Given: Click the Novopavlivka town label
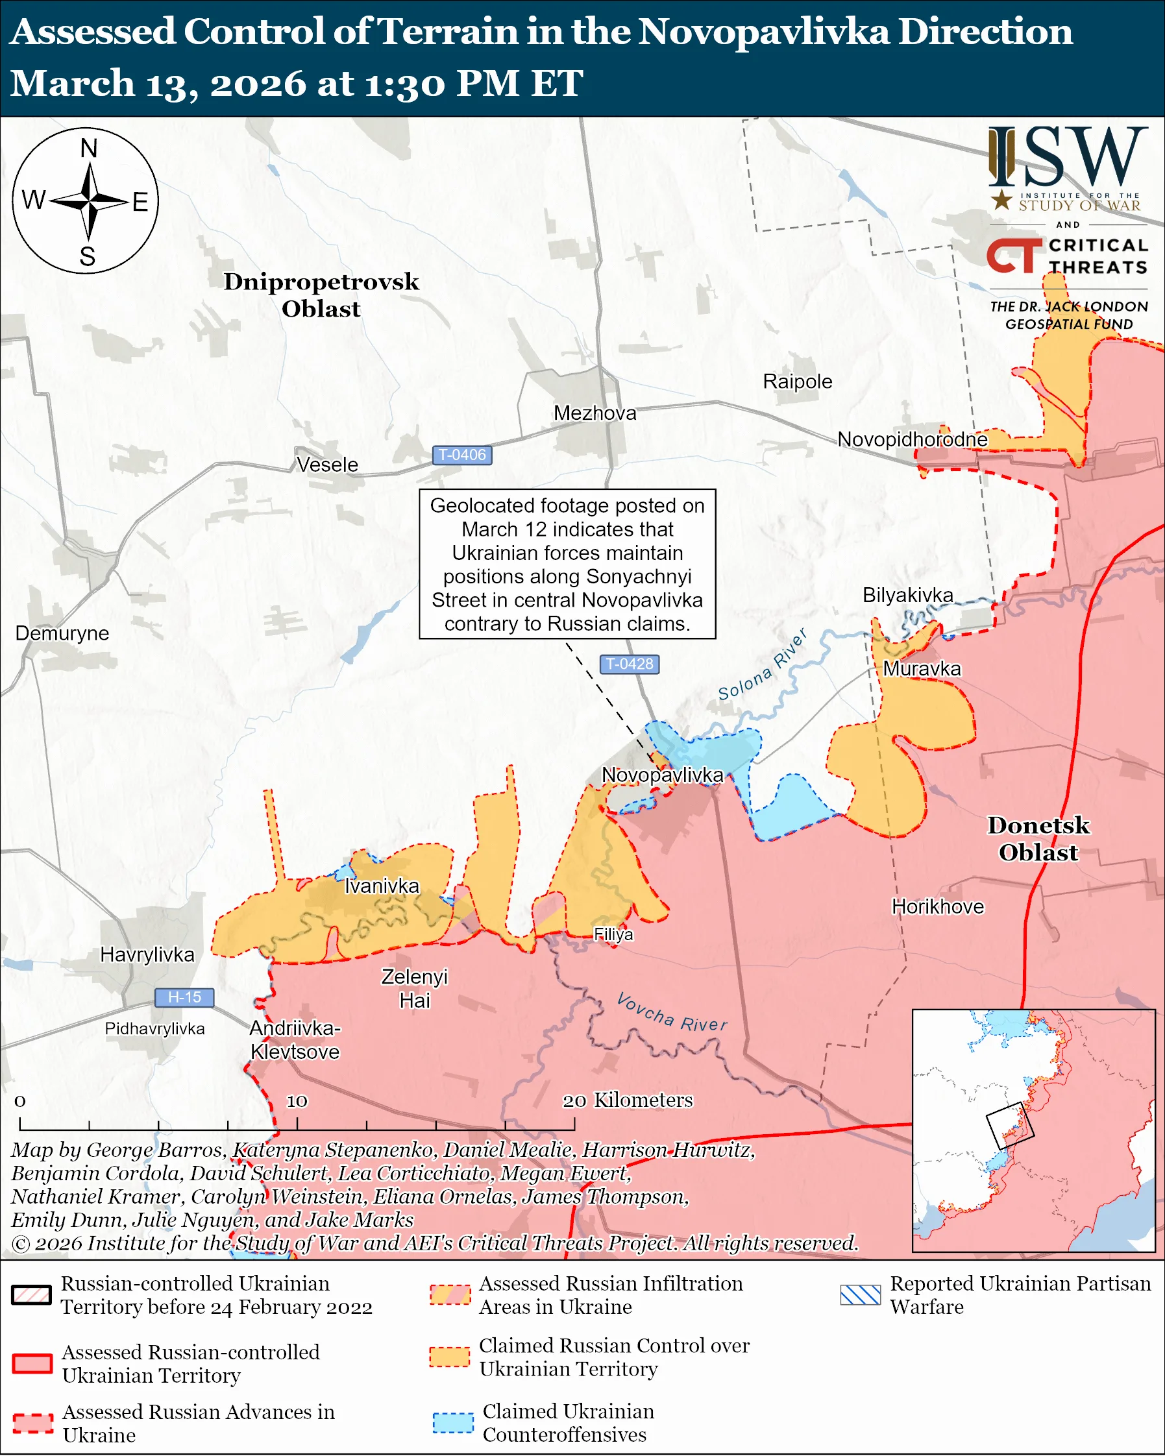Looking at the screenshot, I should [x=662, y=775].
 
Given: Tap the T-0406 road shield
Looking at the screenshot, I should [x=462, y=455].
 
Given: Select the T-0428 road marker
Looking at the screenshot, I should [x=630, y=664].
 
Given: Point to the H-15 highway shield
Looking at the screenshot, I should [x=184, y=997].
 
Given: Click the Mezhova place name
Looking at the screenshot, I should [x=595, y=413].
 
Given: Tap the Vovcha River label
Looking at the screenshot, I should [x=672, y=1013].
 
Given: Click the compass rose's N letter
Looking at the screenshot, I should [x=88, y=149].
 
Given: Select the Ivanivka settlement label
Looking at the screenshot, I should [x=382, y=886].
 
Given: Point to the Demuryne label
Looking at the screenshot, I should [x=62, y=633].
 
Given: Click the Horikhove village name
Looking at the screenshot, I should [x=937, y=906].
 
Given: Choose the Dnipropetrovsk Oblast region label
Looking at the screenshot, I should [x=321, y=295].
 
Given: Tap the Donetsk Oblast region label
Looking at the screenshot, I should [x=1038, y=839].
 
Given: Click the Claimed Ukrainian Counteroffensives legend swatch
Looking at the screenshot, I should [x=452, y=1423].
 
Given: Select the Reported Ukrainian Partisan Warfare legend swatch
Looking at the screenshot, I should [x=860, y=1294].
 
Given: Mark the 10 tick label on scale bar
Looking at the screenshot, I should [x=297, y=1102].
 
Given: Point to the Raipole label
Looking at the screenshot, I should [x=797, y=382].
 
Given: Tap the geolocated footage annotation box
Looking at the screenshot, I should [x=567, y=564].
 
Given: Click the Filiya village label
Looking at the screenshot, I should [x=613, y=934].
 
